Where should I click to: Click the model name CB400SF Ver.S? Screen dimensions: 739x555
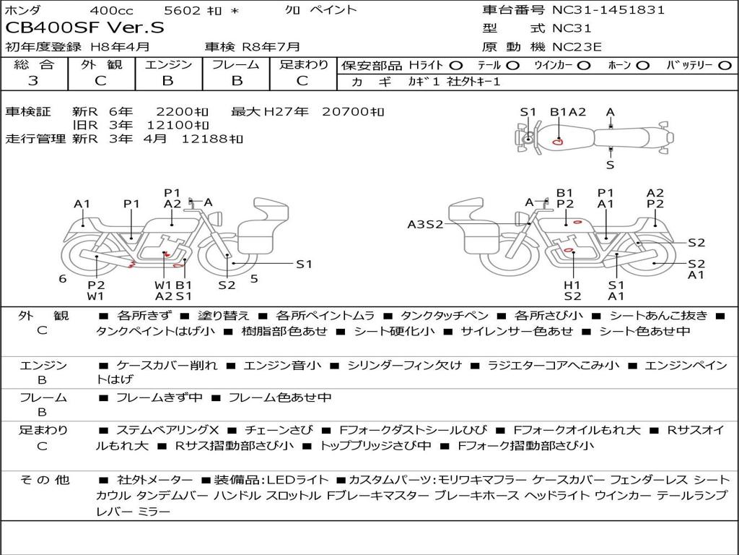(x=85, y=28)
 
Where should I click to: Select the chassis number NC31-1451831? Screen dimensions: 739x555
(x=608, y=9)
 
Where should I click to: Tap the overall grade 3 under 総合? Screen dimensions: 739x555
(x=33, y=81)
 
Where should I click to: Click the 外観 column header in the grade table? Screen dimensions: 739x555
(x=101, y=64)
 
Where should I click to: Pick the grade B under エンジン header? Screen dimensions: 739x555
(x=167, y=81)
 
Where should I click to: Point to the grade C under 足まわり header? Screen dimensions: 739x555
(x=302, y=81)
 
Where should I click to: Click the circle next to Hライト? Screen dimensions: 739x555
(x=456, y=66)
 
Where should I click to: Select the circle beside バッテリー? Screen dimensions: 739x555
(x=725, y=66)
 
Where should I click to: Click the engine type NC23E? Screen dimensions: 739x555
(x=577, y=47)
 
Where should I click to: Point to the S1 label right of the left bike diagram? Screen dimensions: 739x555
(x=304, y=264)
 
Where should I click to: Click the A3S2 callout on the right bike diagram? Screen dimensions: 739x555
(x=425, y=224)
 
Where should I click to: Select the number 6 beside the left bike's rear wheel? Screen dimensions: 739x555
(x=63, y=279)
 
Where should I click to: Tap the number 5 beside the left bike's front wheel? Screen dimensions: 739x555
(x=254, y=279)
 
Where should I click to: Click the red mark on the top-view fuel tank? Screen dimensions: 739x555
(x=558, y=141)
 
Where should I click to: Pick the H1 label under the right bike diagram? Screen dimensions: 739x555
(x=572, y=285)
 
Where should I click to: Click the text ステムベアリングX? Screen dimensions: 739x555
(x=167, y=430)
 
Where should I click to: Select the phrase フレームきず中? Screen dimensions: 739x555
(x=159, y=398)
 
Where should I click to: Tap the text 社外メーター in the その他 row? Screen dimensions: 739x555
(x=155, y=480)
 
